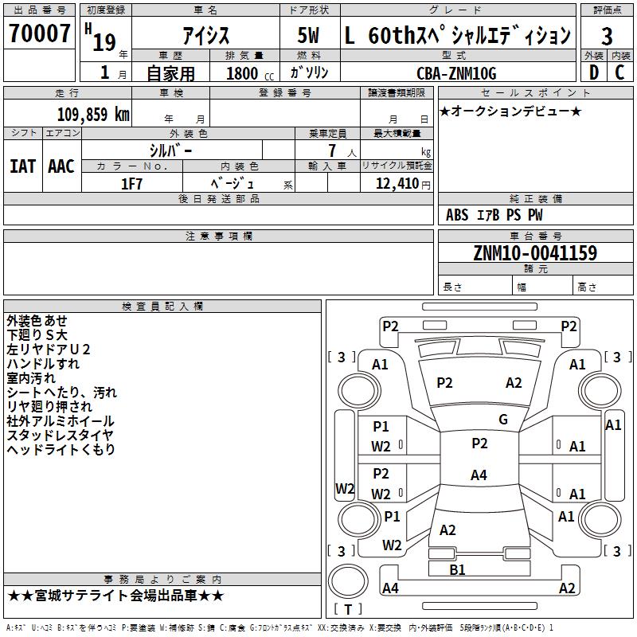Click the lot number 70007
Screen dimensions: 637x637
click(x=39, y=33)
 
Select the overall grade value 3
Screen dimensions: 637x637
click(x=607, y=36)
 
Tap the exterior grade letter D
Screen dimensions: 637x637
click(x=594, y=72)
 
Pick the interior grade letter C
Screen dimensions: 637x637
click(x=619, y=72)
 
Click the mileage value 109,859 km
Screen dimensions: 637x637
click(x=93, y=115)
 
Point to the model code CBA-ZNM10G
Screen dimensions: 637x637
click(x=456, y=73)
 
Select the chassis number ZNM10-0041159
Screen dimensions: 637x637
click(x=535, y=252)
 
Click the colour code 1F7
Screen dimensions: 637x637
click(x=131, y=184)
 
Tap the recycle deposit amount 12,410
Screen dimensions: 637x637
click(x=397, y=184)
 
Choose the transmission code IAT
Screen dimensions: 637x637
click(x=23, y=166)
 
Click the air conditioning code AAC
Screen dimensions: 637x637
click(x=61, y=166)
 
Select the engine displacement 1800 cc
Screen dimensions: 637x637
click(x=250, y=73)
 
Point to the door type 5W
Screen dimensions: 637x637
click(x=308, y=35)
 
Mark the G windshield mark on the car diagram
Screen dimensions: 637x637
click(x=503, y=420)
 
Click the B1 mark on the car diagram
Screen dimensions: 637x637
click(x=457, y=569)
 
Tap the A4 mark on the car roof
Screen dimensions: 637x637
click(x=479, y=475)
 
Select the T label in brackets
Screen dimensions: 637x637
click(x=348, y=609)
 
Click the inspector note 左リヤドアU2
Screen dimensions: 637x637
click(x=49, y=350)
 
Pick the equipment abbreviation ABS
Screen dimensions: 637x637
click(x=457, y=215)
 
